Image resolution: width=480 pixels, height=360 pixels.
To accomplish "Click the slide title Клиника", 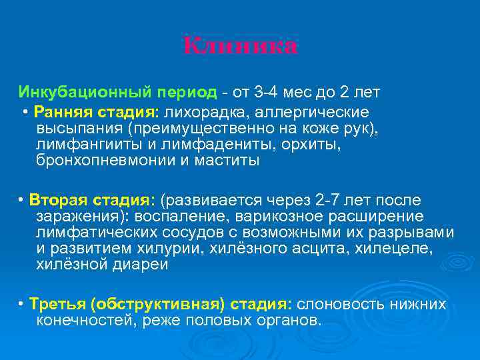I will [241, 46].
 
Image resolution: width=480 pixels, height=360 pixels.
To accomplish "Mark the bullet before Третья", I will [22, 305].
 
